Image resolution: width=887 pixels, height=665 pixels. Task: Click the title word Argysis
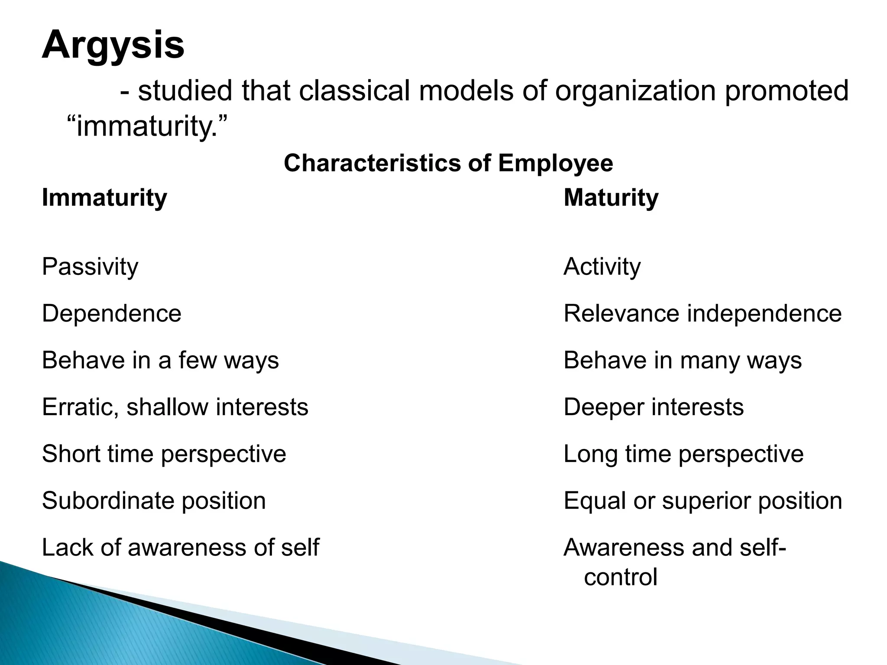[113, 45]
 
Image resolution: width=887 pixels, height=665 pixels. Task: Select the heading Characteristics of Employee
[448, 164]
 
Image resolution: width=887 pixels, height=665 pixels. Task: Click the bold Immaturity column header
[104, 198]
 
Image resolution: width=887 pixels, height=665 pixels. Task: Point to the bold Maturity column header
[611, 198]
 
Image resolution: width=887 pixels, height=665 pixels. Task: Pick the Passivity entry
[90, 267]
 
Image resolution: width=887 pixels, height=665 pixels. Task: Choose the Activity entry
[602, 267]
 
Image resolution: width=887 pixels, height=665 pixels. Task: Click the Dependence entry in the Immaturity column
[111, 313]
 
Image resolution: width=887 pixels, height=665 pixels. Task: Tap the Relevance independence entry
[702, 313]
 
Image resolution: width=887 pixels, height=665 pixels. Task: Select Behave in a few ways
[160, 360]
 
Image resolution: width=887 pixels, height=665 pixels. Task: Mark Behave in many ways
[683, 360]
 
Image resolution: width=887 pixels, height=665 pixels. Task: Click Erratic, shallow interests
[175, 407]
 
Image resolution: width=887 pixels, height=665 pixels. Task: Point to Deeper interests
[654, 407]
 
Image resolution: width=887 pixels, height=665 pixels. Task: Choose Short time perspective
[164, 454]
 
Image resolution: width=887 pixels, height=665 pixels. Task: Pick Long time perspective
[683, 454]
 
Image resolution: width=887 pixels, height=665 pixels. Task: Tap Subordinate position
[154, 501]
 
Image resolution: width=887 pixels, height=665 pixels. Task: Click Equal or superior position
[702, 501]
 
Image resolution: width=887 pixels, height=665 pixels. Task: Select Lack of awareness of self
[180, 547]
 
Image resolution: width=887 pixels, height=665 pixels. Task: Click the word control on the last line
[620, 578]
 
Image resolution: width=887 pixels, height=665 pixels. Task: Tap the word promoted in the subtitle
[786, 91]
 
